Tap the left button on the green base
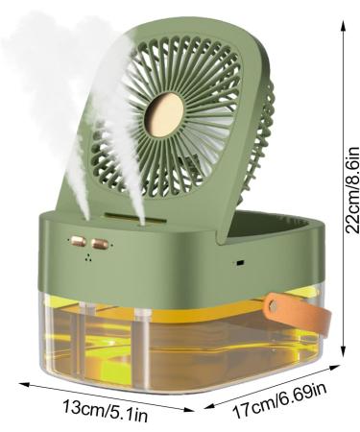click(x=74, y=244)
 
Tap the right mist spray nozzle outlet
click(x=141, y=223)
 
